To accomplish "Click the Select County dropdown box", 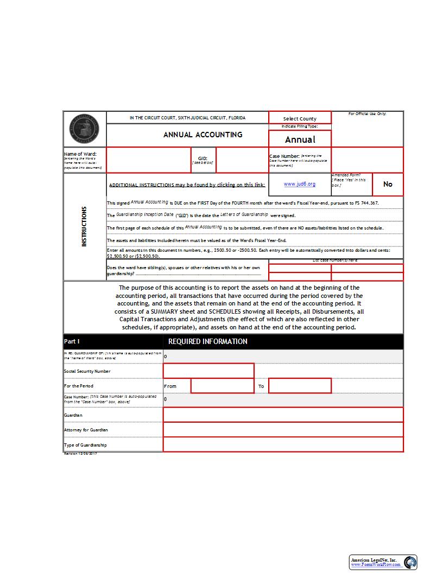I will pos(300,118).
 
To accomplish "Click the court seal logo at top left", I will pos(85,129).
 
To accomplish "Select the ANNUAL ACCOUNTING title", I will pos(203,135).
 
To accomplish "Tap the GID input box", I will pos(242,160).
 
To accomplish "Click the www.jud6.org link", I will pos(299,184).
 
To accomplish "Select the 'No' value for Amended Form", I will pos(388,184).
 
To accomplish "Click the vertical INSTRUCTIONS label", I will pos(84,226).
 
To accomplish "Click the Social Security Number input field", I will pos(208,371).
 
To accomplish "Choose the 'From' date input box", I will pos(223,386).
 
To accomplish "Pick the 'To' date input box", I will pos(300,386).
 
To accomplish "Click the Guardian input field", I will pos(283,415).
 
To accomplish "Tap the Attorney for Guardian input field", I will pos(283,430).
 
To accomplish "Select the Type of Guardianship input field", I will pos(283,444).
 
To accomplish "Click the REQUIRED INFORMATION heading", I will pos(208,341).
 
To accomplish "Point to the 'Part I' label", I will pos(72,341).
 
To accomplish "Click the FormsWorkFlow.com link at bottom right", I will pos(376,565).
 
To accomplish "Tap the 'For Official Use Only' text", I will pos(367,114).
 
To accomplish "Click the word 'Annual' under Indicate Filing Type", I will pos(300,139).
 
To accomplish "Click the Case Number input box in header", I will pos(367,160).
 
